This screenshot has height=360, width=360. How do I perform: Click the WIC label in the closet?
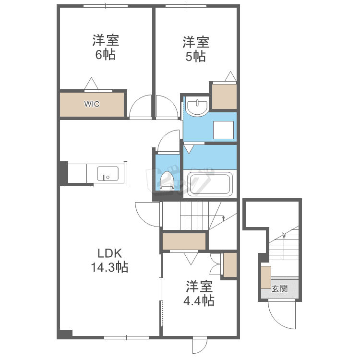[x=92, y=104]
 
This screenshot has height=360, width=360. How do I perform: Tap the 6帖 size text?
[x=106, y=55]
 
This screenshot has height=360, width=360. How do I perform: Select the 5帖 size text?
[x=196, y=56]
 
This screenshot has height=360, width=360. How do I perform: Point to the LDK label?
[x=110, y=253]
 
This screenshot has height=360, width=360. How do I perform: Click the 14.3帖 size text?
[x=110, y=267]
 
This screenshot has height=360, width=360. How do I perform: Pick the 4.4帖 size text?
[x=199, y=301]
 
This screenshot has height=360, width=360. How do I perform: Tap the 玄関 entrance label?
[x=280, y=288]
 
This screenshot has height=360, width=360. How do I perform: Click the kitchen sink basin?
[x=108, y=173]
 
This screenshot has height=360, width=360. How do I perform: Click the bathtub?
[x=210, y=184]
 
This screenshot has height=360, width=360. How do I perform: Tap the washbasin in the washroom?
[x=197, y=106]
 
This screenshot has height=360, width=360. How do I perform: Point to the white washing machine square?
[x=223, y=130]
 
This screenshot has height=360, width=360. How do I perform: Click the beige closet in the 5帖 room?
[x=224, y=96]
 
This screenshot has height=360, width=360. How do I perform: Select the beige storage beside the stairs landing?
[x=184, y=241]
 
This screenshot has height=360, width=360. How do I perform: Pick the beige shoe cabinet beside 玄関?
[x=266, y=277]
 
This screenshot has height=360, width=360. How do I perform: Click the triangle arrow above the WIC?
[x=91, y=84]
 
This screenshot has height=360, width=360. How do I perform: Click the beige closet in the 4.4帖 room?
[x=230, y=264]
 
